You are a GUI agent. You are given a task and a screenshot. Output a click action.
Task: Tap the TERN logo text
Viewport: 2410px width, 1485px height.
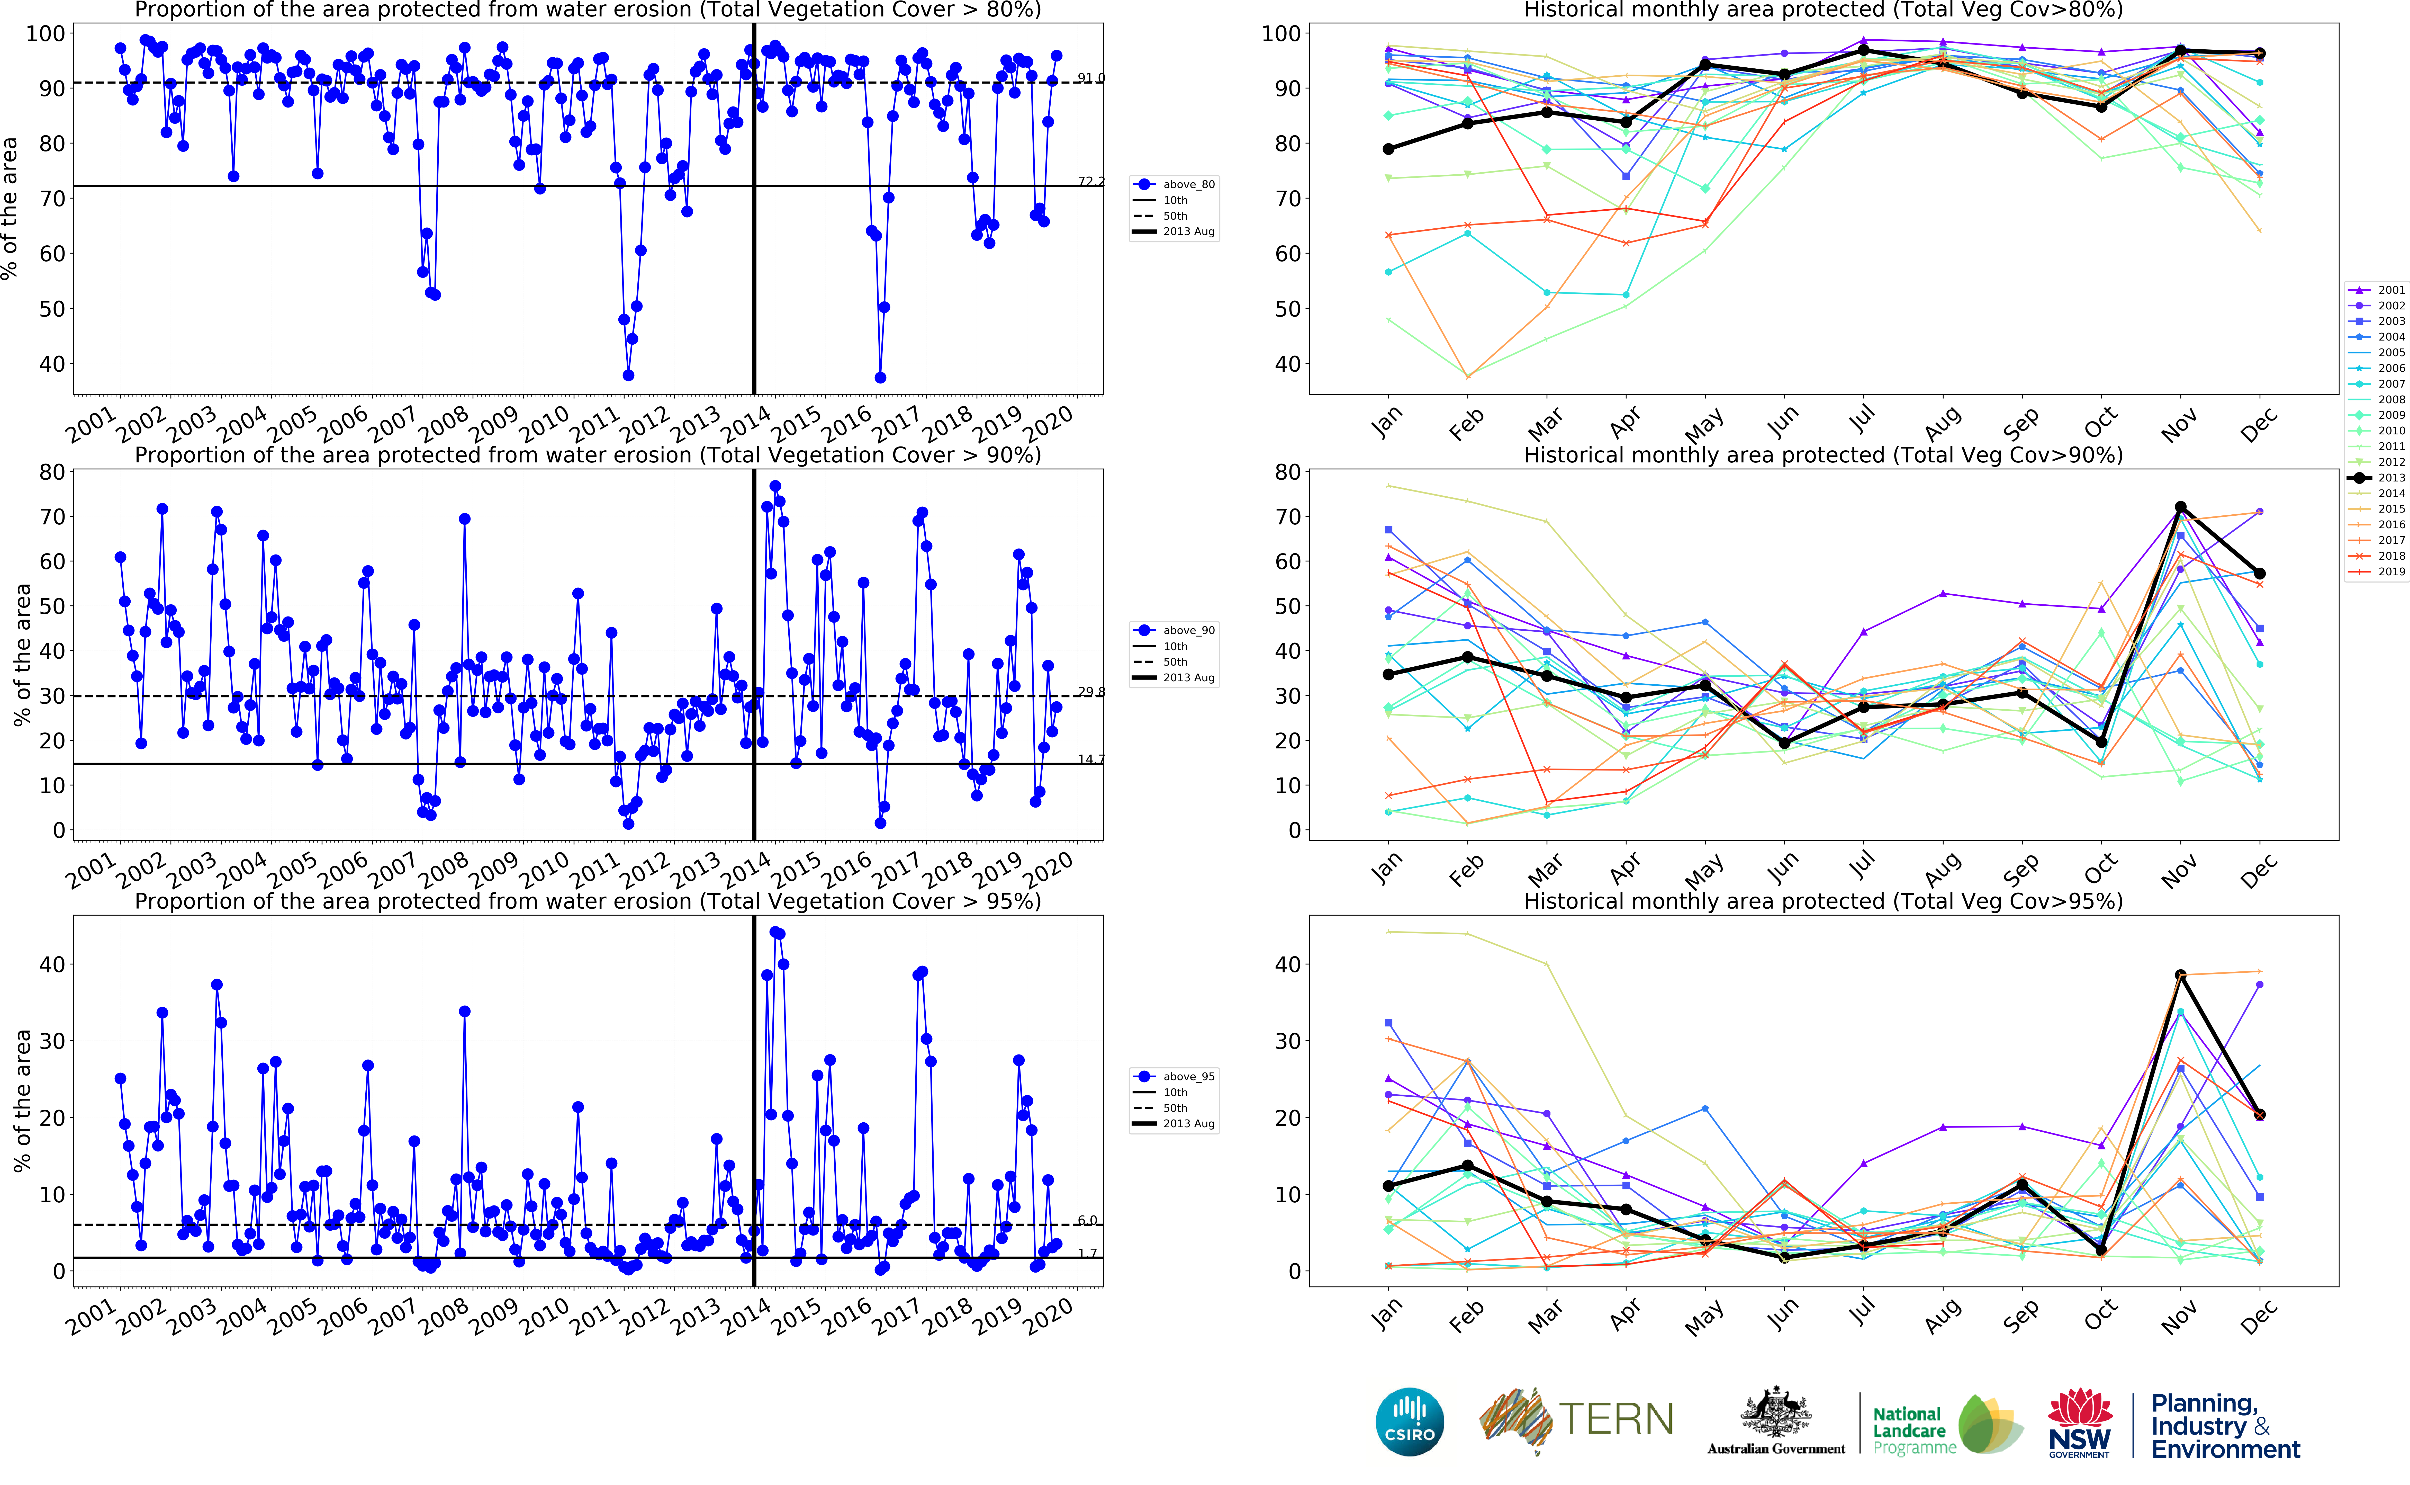click(1616, 1419)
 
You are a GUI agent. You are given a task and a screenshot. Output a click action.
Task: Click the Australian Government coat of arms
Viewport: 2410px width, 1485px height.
click(1776, 1414)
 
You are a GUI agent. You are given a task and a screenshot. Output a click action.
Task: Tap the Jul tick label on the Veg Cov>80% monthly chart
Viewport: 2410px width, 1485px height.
click(1861, 420)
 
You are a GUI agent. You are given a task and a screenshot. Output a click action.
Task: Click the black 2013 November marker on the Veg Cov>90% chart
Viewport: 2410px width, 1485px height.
click(2180, 508)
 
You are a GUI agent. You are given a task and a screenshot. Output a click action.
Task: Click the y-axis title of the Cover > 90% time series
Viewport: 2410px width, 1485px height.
click(22, 655)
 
